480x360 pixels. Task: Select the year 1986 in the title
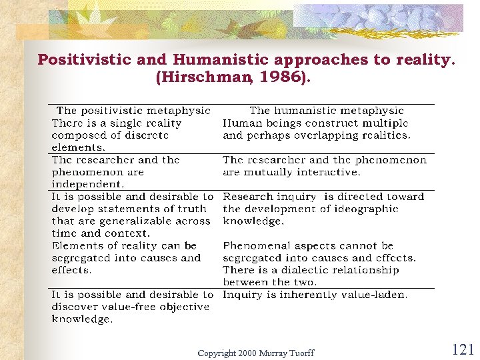pos(280,78)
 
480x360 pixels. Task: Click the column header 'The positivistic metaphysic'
pos(133,111)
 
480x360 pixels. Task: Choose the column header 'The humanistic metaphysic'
pos(327,111)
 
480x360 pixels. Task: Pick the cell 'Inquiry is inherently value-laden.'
pos(315,295)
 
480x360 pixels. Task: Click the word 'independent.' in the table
pos(88,184)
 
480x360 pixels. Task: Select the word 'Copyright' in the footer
pos(217,353)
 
